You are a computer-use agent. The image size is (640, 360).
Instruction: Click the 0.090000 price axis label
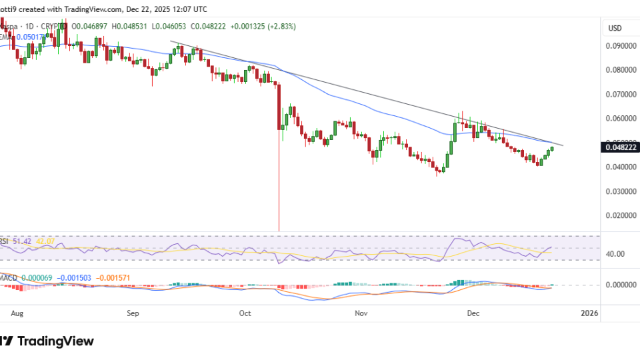[x=619, y=46]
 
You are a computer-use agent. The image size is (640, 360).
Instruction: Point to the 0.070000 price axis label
[x=619, y=95]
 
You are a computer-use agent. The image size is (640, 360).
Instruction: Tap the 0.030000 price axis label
[x=619, y=191]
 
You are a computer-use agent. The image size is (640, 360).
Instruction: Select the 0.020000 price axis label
[x=619, y=216]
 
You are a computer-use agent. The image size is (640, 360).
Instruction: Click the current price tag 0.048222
[x=619, y=147]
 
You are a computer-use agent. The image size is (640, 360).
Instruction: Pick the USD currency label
[x=615, y=29]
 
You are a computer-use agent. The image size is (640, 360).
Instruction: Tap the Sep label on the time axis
[x=133, y=312]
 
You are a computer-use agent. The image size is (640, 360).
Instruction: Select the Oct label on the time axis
[x=245, y=312]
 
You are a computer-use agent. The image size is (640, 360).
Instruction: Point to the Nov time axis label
[x=361, y=312]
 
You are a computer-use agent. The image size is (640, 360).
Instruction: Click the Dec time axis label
[x=474, y=312]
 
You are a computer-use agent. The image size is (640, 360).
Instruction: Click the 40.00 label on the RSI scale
[x=615, y=254]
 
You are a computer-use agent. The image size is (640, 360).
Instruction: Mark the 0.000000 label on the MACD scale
[x=619, y=285]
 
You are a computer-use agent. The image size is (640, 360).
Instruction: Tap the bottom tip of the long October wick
[x=279, y=231]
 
